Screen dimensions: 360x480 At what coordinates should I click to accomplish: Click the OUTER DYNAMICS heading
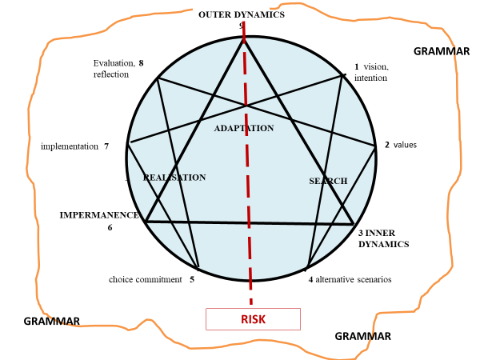241,14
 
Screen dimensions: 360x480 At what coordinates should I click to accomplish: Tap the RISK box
253,319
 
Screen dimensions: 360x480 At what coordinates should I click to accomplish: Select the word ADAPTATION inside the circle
244,128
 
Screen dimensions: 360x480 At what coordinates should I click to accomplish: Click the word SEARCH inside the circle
328,181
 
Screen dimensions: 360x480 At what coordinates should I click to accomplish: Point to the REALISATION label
175,178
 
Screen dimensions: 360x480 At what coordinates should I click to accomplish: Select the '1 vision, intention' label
371,73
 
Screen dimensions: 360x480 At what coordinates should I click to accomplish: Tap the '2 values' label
401,145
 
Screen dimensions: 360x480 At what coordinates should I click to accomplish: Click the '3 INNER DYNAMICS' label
383,238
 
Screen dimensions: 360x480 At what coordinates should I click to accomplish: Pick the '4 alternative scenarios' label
350,279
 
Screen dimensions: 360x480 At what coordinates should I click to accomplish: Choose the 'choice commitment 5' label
151,280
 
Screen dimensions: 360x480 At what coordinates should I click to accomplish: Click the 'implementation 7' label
74,146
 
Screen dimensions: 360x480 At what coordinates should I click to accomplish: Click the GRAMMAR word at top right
442,51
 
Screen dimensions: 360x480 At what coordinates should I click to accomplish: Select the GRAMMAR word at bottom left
51,321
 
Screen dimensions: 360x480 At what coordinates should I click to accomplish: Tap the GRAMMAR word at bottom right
362,336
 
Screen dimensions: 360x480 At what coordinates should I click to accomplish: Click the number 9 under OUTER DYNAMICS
241,26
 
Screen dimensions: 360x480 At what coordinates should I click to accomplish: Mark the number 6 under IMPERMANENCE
110,227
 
